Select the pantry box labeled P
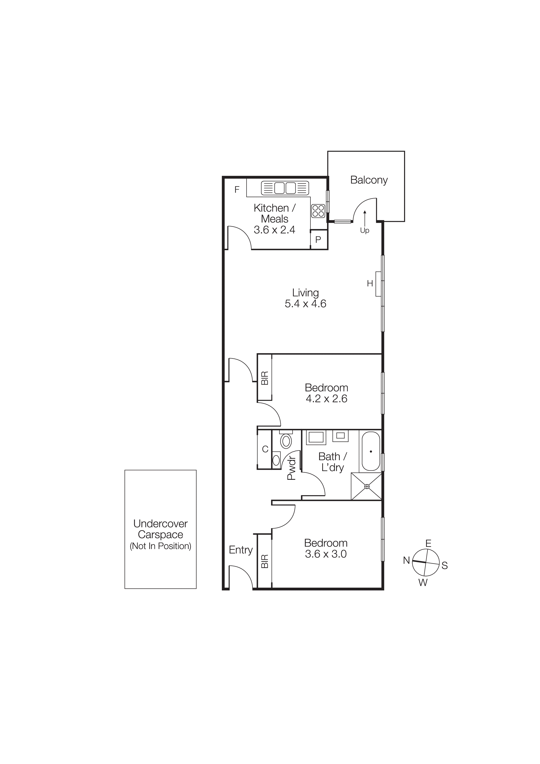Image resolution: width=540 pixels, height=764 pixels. point(318,239)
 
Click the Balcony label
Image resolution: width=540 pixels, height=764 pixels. point(369,180)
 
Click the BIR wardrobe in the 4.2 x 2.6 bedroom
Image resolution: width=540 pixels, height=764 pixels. point(264,378)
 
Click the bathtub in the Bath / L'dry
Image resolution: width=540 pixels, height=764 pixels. point(370,451)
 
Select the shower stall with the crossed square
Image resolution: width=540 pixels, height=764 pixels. point(367,487)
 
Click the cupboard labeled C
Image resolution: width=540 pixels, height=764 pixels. point(265,450)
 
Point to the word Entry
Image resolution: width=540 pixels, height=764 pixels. point(240,550)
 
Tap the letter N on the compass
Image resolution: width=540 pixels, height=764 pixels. point(406,560)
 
